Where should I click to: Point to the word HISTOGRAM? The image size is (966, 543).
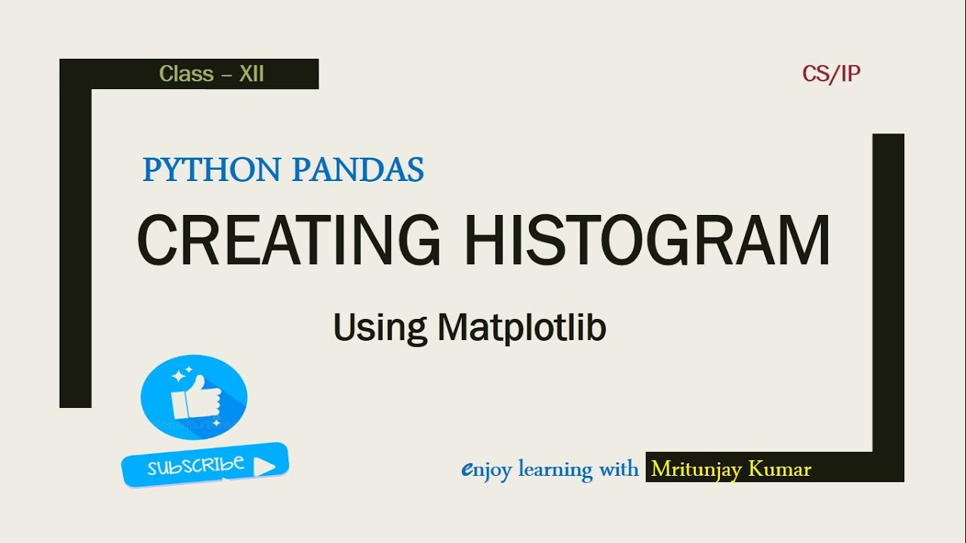coord(647,241)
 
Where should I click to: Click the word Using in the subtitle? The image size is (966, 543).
coord(380,329)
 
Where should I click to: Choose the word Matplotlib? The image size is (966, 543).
coord(521,329)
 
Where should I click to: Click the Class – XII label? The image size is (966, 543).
coord(211,74)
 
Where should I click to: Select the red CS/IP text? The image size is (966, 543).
coord(832,74)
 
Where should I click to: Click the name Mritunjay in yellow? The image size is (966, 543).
coord(697,469)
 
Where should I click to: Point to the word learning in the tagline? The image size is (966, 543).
coord(556,469)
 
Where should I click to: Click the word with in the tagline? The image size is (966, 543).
coord(619,469)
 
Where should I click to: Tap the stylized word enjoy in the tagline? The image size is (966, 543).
coord(486,470)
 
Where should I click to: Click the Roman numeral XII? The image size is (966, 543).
coord(251,74)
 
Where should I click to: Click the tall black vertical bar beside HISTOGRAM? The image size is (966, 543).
coord(888,294)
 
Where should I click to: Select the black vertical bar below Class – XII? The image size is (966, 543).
coord(75,249)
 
